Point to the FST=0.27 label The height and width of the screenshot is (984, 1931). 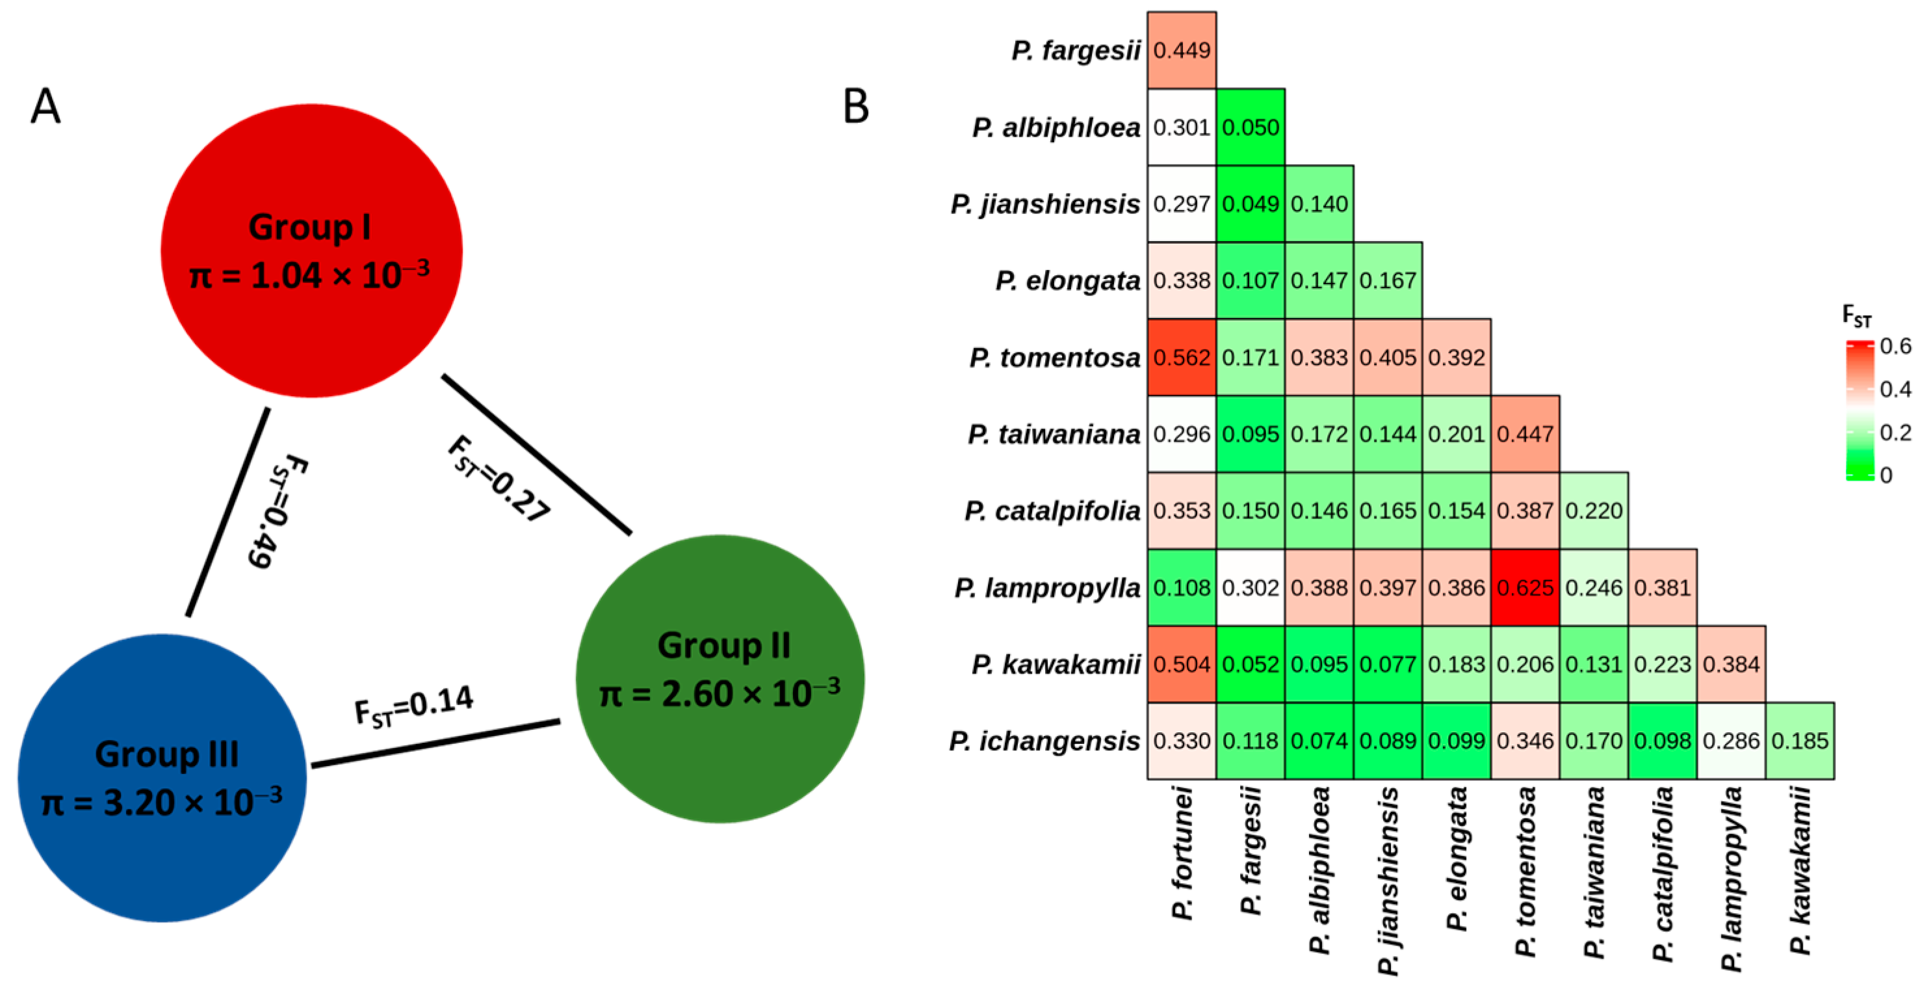(499, 480)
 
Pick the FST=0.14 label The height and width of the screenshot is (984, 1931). (414, 706)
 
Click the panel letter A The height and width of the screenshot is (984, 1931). (45, 107)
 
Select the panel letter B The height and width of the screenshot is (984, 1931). (855, 107)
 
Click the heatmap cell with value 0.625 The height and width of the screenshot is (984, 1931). (1525, 587)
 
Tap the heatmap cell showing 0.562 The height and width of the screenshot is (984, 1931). (1182, 357)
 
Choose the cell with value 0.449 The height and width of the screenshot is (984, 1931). (1182, 50)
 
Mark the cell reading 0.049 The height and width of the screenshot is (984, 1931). (1251, 204)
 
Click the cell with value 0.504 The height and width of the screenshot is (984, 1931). (1182, 664)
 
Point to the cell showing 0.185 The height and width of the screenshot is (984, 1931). (1800, 740)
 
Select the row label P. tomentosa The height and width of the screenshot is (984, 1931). (1055, 358)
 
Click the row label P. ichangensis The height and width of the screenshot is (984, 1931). (1044, 741)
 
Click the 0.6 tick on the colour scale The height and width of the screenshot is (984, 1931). (1896, 346)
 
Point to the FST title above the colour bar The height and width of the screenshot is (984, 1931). (1857, 317)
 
